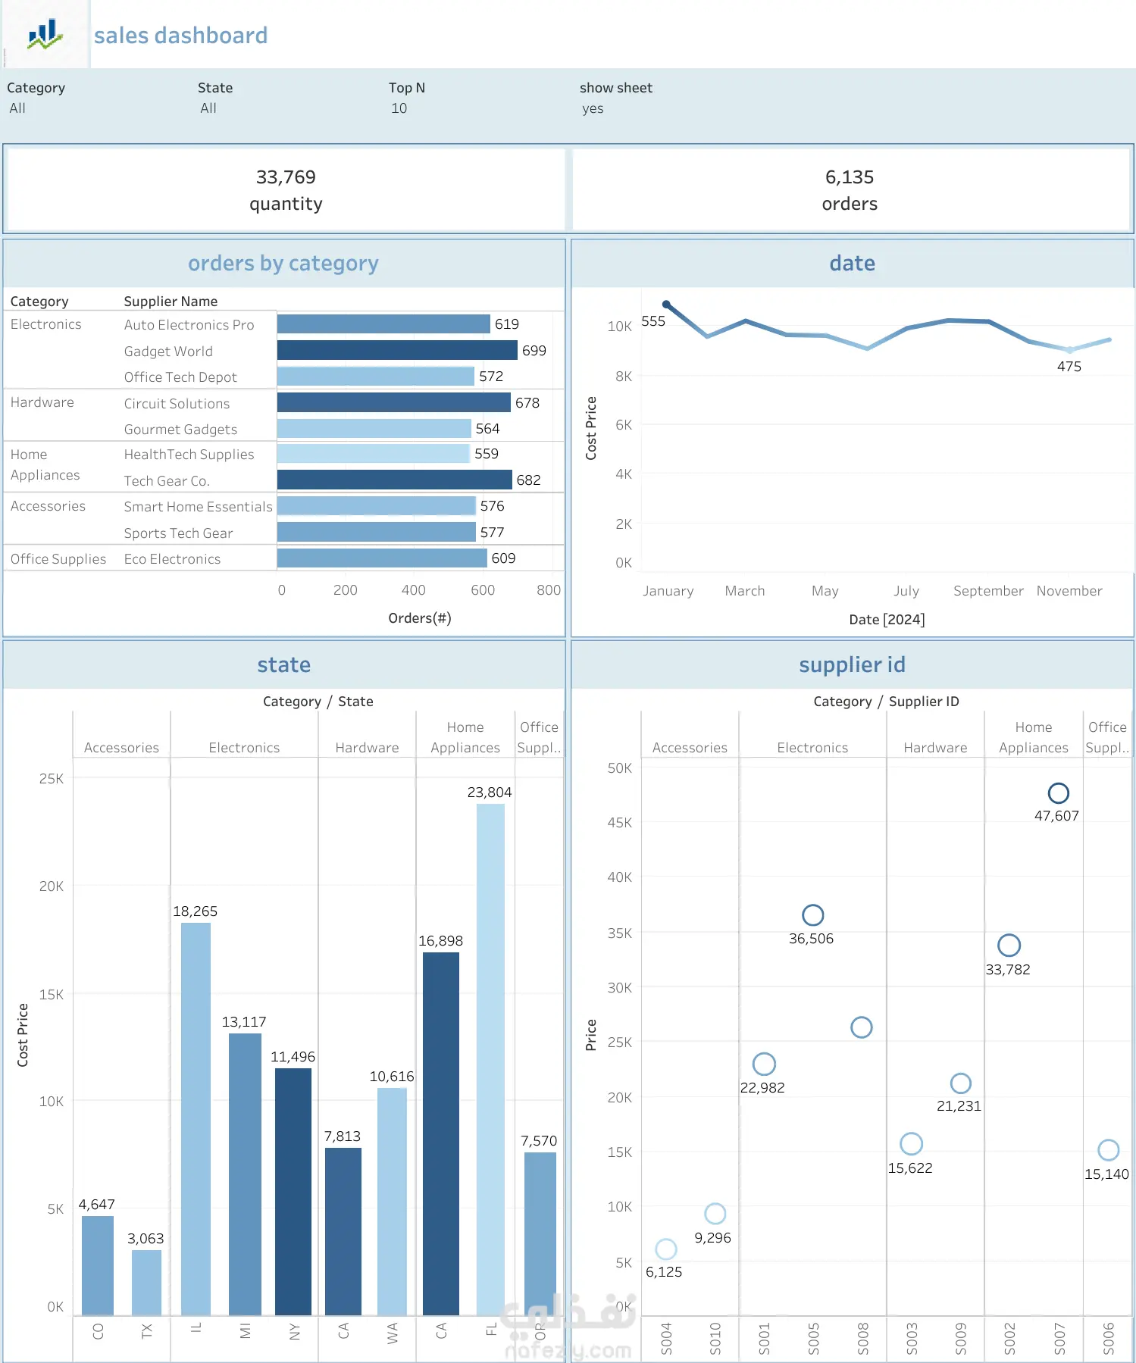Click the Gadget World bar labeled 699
click(x=397, y=350)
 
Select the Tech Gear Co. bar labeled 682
click(x=394, y=480)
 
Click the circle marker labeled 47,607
click(x=1058, y=793)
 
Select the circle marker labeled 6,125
click(x=665, y=1249)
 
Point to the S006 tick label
click(x=1109, y=1338)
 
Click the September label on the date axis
click(x=987, y=591)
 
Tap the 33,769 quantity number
click(x=286, y=177)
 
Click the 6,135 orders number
click(x=849, y=177)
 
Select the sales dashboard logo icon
click(x=45, y=35)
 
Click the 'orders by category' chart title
click(x=283, y=264)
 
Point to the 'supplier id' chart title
click(x=852, y=665)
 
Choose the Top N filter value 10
click(x=399, y=108)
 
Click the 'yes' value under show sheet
click(x=593, y=108)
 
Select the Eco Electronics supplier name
click(x=172, y=559)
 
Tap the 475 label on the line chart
click(x=1069, y=367)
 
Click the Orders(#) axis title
click(x=419, y=618)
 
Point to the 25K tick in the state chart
click(x=52, y=779)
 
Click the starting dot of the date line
click(x=666, y=304)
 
